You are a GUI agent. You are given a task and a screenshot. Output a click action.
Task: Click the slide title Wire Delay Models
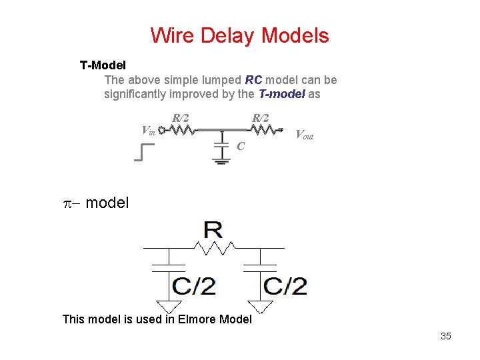coord(239,35)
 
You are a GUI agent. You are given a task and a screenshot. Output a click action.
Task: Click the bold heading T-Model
coord(107,65)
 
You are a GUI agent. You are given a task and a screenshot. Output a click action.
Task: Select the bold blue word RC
coord(254,80)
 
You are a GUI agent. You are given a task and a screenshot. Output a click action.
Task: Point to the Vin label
coord(149,130)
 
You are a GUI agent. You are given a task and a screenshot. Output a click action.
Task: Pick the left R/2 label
coord(180,118)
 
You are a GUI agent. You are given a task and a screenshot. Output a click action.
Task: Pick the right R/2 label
coord(259,118)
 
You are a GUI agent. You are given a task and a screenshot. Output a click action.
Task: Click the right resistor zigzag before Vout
coord(265,130)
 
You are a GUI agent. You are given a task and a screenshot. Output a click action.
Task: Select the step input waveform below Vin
coord(143,153)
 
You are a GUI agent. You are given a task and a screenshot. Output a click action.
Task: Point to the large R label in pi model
coord(213,231)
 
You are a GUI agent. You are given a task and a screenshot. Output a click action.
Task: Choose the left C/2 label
coord(194,286)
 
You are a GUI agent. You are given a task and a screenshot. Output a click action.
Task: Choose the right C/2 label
coord(285,286)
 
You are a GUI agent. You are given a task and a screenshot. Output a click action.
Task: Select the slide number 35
coord(445,336)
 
